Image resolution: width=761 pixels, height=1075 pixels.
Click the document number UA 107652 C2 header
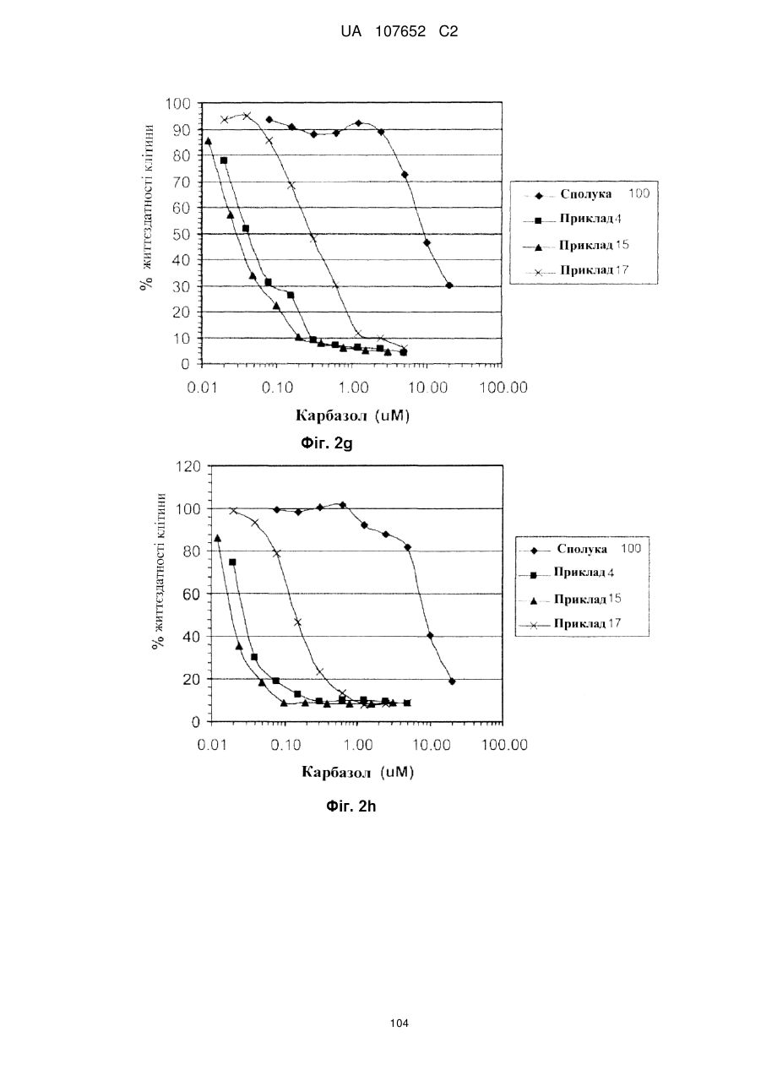coord(399,32)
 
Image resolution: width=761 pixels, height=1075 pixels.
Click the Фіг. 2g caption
coord(327,443)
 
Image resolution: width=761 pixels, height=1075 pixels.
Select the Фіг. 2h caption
coord(351,806)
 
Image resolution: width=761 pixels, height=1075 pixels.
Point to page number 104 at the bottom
coord(399,1023)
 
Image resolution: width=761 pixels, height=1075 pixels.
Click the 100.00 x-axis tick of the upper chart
coord(503,388)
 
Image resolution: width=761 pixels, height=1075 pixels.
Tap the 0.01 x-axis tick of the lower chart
coord(213,745)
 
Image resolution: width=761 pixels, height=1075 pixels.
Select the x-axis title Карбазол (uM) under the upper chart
coord(353,415)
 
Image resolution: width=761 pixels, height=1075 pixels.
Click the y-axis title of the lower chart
coord(159,571)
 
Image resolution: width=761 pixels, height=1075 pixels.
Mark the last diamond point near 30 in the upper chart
coord(449,285)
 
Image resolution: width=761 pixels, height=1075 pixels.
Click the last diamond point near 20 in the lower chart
coord(452,681)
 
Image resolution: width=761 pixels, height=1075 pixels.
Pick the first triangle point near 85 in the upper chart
coord(208,141)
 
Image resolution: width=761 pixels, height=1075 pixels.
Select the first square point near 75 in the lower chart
coord(232,562)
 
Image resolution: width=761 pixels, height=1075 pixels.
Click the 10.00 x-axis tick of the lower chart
coord(431,745)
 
